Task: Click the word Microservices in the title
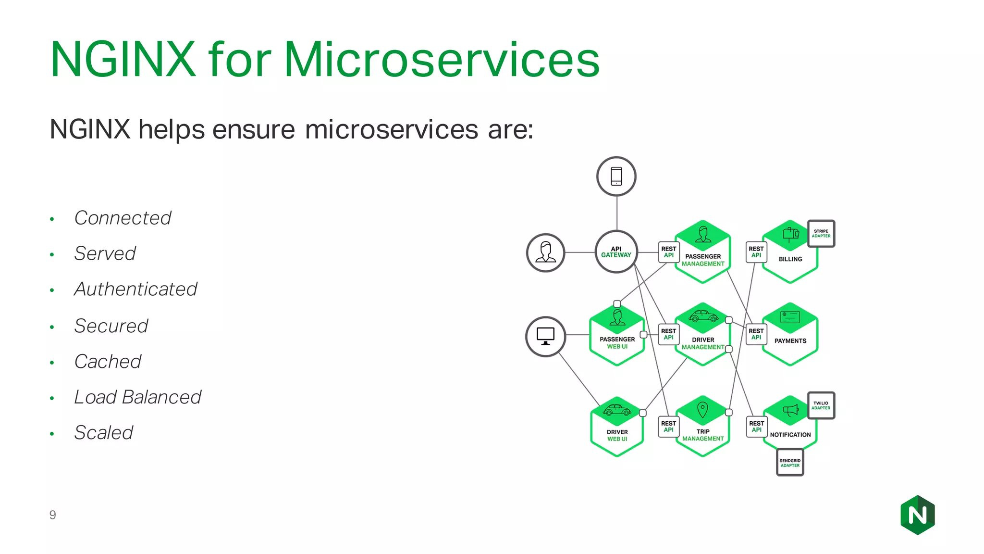[x=442, y=60]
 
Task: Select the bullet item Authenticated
[x=135, y=290]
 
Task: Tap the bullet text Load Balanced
[x=137, y=397]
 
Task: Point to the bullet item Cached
[x=108, y=362]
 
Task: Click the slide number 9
[x=52, y=515]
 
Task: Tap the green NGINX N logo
[x=917, y=515]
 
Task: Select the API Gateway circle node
[x=616, y=252]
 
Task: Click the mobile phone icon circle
[x=616, y=176]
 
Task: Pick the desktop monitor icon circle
[x=545, y=336]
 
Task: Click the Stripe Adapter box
[x=821, y=234]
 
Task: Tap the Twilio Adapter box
[x=821, y=405]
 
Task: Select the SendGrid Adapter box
[x=790, y=463]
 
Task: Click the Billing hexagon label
[x=790, y=259]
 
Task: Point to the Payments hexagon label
[x=790, y=341]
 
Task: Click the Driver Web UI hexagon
[x=617, y=428]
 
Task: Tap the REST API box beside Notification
[x=756, y=427]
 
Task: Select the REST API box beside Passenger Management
[x=668, y=252]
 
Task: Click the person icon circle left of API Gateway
[x=545, y=252]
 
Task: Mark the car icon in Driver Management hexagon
[x=703, y=316]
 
